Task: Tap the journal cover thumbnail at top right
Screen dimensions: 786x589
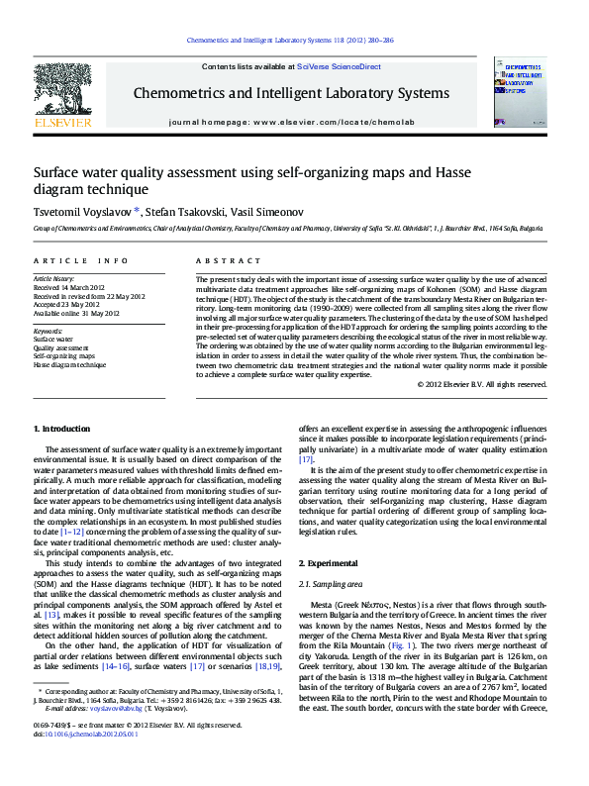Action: (520, 91)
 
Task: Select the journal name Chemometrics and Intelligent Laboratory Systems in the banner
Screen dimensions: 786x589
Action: (291, 94)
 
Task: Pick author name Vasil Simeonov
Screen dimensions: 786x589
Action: (271, 211)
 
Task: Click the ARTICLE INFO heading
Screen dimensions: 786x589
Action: (81, 260)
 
